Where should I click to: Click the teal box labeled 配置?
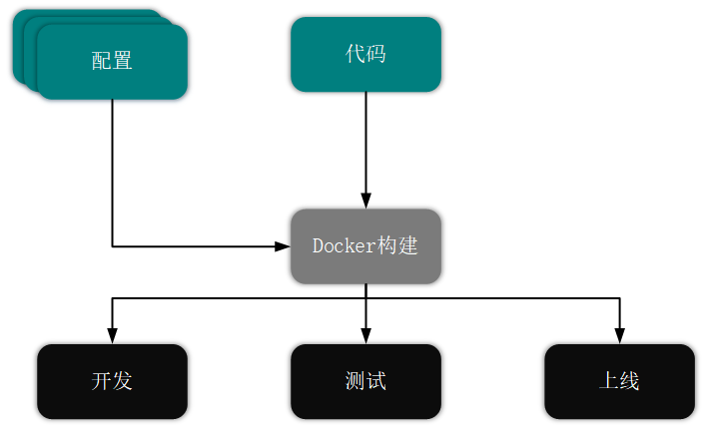click(x=112, y=61)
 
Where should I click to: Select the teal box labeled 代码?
click(x=365, y=54)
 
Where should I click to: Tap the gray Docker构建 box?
click(x=365, y=245)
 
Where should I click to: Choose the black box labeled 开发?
click(x=112, y=381)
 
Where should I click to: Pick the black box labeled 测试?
click(x=365, y=381)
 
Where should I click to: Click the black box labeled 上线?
click(x=619, y=381)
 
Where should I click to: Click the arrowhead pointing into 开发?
click(x=112, y=336)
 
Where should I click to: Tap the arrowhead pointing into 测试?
click(x=365, y=336)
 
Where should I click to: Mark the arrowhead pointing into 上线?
click(x=619, y=336)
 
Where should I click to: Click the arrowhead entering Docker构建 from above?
click(x=365, y=201)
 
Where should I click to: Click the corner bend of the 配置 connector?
click(x=112, y=245)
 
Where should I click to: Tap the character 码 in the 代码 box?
click(x=376, y=54)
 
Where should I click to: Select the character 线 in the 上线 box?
click(x=630, y=381)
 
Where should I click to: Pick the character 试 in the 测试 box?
click(x=376, y=381)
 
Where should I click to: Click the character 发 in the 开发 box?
click(x=123, y=381)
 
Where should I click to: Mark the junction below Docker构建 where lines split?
click(x=365, y=297)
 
